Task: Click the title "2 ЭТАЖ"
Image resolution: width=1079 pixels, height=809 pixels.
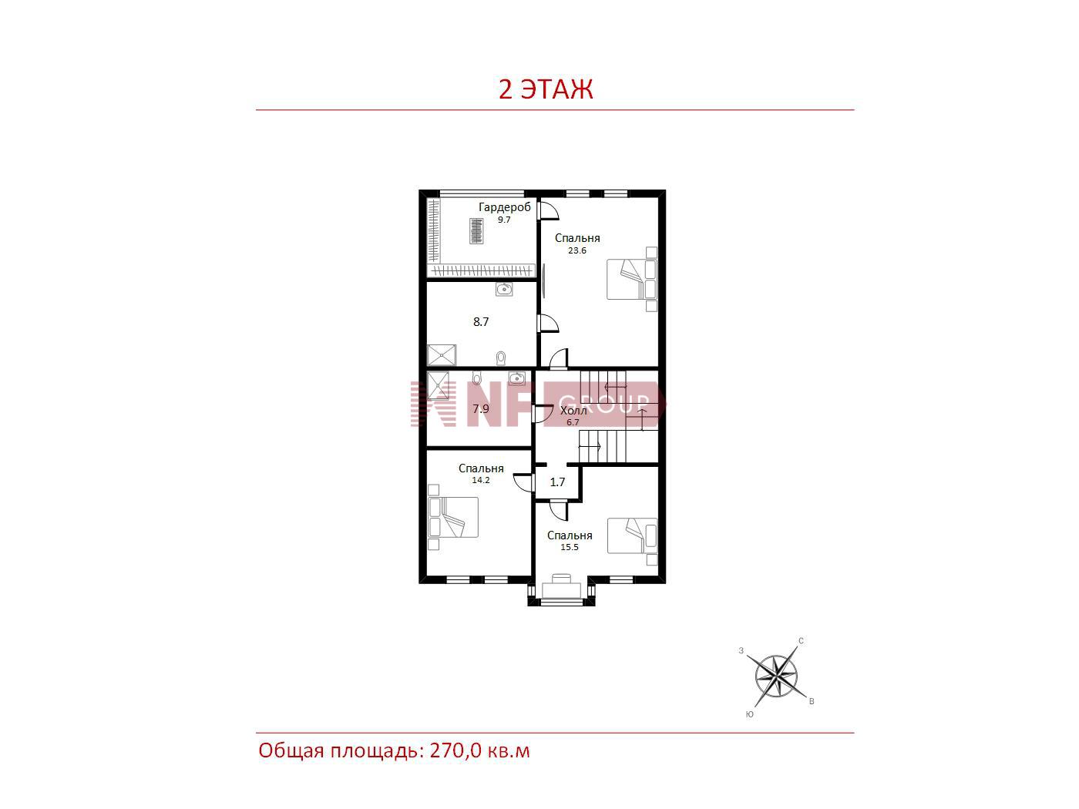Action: tap(545, 89)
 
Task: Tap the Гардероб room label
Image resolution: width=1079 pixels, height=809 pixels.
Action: tap(504, 207)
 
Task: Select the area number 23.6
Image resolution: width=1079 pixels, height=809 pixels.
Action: tap(577, 250)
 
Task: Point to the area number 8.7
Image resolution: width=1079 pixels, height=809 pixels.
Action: tap(481, 322)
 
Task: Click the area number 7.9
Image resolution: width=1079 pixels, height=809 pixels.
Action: tap(481, 408)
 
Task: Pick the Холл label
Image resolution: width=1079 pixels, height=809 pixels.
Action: tap(573, 411)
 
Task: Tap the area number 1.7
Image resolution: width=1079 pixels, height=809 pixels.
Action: tap(557, 482)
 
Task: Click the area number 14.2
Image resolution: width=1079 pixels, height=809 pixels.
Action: tap(481, 480)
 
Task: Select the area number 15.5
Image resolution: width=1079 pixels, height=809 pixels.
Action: tap(570, 547)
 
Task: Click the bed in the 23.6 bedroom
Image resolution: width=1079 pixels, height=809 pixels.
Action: tap(632, 279)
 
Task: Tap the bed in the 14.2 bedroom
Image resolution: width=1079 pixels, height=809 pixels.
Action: tap(453, 517)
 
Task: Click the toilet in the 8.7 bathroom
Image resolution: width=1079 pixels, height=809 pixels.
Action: tap(501, 358)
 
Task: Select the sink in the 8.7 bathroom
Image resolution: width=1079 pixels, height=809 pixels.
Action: tap(504, 290)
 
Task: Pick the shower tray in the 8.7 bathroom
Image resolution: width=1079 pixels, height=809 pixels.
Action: tap(442, 355)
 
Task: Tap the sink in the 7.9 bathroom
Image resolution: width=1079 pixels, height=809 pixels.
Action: tap(516, 378)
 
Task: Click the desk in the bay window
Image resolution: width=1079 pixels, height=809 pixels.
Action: tap(561, 587)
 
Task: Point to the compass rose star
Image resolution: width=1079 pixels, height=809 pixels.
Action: tap(776, 676)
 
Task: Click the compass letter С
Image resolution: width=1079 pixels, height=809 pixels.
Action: tap(801, 640)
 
